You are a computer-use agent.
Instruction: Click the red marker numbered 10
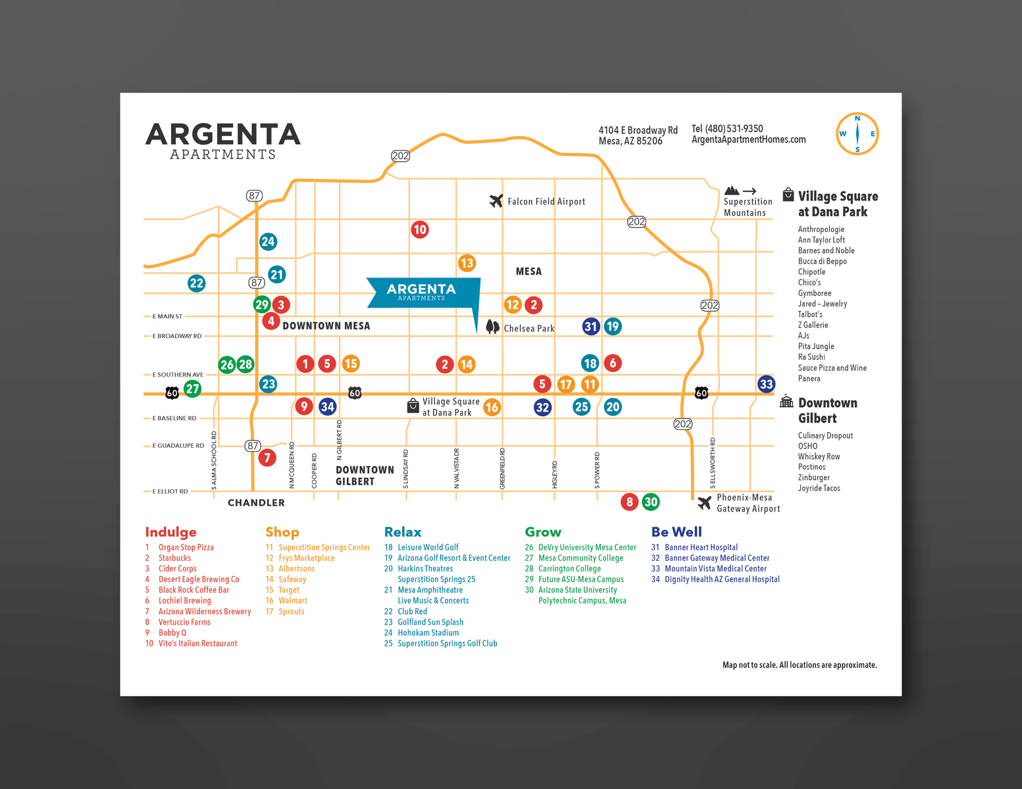click(420, 229)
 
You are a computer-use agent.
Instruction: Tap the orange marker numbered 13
click(467, 263)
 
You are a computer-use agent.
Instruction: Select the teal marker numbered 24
click(268, 241)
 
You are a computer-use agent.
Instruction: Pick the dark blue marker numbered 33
click(766, 384)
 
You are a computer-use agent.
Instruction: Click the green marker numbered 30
click(650, 502)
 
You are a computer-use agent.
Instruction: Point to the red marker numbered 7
click(267, 457)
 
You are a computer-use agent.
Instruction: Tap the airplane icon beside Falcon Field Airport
click(496, 201)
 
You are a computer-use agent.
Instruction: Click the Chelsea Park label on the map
click(528, 328)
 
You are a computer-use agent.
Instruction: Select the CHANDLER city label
click(256, 502)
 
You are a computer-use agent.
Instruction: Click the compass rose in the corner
click(857, 133)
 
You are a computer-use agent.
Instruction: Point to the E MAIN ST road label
click(167, 316)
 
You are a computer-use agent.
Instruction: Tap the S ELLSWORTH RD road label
click(713, 462)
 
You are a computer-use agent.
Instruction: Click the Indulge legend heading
click(170, 532)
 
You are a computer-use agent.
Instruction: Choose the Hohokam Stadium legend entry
click(428, 633)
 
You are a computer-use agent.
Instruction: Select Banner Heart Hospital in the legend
click(701, 547)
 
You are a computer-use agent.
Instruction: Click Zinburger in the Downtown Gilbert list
click(813, 477)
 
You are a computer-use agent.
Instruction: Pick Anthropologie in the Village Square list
click(821, 229)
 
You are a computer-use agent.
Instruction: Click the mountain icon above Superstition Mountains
click(731, 191)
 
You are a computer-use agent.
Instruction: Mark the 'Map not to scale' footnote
click(799, 665)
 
